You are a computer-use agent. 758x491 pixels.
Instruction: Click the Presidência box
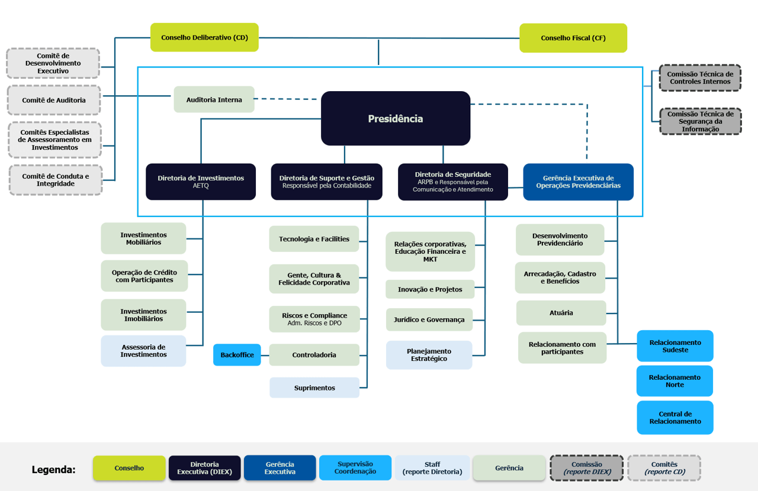pos(395,118)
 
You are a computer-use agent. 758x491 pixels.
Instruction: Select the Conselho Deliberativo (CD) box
pos(204,37)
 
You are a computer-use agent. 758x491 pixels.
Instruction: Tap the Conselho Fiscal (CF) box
pos(573,38)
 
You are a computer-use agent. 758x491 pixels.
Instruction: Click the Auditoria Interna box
pos(214,99)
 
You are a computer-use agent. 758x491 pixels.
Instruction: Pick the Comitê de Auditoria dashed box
pos(54,100)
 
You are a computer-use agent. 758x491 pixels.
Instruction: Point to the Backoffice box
pos(237,355)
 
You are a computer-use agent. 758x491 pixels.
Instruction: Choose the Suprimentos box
pos(314,387)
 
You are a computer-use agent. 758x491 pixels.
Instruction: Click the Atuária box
pos(561,313)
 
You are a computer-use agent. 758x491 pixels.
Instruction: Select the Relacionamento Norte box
pos(675,381)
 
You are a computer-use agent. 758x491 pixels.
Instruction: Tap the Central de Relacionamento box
pos(675,418)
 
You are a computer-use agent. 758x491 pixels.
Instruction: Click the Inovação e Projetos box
pos(430,289)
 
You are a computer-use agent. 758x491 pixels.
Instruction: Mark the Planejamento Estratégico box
pos(429,355)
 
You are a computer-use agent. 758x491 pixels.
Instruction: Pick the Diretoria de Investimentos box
pos(201,182)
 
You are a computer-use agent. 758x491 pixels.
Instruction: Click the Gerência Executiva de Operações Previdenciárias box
pos(579,182)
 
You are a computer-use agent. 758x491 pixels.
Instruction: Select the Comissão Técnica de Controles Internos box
pos(700,77)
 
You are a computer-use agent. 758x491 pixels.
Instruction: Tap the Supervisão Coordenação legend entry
pos(355,468)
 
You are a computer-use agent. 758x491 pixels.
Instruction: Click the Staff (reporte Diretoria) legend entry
pos(432,468)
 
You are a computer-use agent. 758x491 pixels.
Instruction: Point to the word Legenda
pos(53,469)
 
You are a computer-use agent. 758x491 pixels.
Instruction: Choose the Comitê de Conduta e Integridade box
pos(56,180)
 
